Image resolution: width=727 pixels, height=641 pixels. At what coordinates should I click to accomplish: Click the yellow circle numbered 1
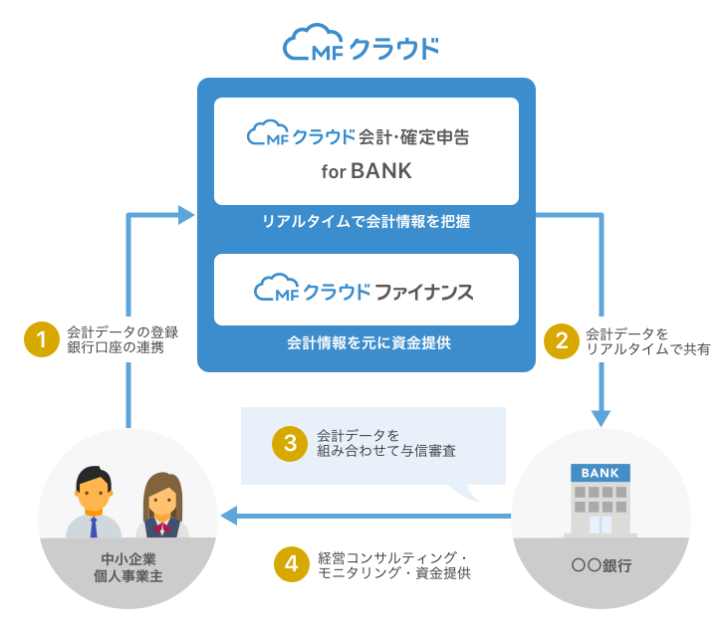click(x=42, y=340)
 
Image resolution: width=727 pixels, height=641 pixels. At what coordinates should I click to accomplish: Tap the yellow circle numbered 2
click(x=562, y=340)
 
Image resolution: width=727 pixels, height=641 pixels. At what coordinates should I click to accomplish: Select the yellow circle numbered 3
click(x=290, y=443)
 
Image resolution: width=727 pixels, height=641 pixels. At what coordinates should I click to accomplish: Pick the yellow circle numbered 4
click(x=290, y=564)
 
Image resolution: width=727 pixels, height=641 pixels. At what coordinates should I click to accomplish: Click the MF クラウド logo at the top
click(x=362, y=46)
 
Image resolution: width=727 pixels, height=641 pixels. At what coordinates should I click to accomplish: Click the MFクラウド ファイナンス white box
click(x=366, y=290)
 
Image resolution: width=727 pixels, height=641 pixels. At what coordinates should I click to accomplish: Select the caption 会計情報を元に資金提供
click(x=366, y=342)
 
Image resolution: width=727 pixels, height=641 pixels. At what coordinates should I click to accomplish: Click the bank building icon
click(x=601, y=500)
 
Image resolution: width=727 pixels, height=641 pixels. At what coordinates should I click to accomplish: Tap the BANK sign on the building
click(x=601, y=473)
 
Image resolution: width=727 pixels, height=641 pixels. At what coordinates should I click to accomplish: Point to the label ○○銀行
click(x=601, y=565)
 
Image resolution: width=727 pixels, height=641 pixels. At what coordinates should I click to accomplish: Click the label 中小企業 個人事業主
click(x=127, y=567)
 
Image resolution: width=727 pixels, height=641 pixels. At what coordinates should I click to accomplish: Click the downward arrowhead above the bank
click(x=602, y=418)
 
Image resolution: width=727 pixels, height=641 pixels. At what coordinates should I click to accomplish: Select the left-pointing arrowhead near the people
click(x=228, y=516)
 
